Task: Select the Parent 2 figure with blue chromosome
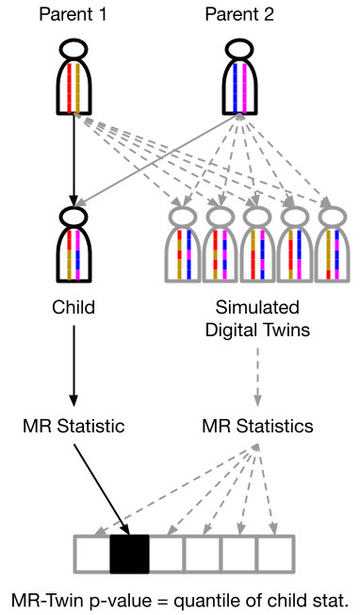239,79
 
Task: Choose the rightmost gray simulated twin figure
332,247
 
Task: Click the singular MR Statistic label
74,425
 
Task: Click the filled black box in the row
129,554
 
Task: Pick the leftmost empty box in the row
92,554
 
